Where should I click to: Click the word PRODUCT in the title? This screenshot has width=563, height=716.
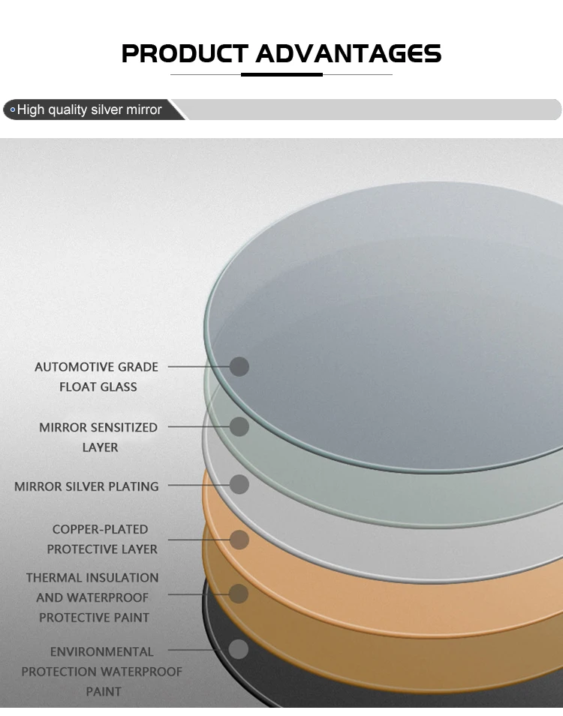pyautogui.click(x=184, y=53)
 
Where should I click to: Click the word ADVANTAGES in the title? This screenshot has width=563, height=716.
pyautogui.click(x=348, y=53)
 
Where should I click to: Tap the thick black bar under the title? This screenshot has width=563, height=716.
pyautogui.click(x=281, y=74)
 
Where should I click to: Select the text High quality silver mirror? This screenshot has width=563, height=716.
pyautogui.click(x=89, y=110)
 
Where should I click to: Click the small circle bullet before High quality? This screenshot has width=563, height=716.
pyautogui.click(x=12, y=110)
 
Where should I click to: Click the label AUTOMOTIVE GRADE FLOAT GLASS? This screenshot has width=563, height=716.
pyautogui.click(x=97, y=377)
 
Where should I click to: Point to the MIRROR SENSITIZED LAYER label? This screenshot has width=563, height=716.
pyautogui.click(x=98, y=437)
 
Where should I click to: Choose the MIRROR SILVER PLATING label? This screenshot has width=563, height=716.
pyautogui.click(x=86, y=486)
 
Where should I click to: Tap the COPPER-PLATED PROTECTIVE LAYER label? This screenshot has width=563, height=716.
pyautogui.click(x=102, y=539)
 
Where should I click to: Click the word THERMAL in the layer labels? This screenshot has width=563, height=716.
pyautogui.click(x=55, y=578)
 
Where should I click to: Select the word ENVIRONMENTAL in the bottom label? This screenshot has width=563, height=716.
pyautogui.click(x=102, y=651)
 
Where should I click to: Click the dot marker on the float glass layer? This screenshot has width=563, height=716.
pyautogui.click(x=239, y=366)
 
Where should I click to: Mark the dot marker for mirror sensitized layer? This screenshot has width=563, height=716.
pyautogui.click(x=239, y=426)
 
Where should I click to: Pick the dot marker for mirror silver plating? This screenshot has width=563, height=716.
pyautogui.click(x=239, y=484)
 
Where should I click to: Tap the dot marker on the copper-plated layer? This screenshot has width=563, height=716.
pyautogui.click(x=239, y=539)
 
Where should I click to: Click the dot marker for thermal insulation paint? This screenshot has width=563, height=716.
pyautogui.click(x=239, y=594)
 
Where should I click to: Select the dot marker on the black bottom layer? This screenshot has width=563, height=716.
pyautogui.click(x=238, y=649)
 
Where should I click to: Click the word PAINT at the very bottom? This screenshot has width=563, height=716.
pyautogui.click(x=104, y=691)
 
